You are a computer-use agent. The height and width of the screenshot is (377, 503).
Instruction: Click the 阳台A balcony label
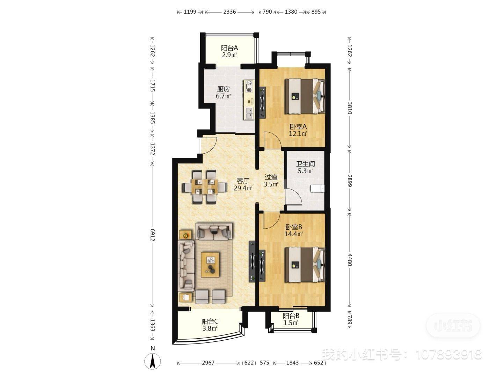[x=229, y=51]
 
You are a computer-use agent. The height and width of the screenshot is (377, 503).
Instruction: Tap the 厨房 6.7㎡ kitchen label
[x=223, y=93]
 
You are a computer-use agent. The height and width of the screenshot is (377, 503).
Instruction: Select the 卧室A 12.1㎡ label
[x=298, y=130]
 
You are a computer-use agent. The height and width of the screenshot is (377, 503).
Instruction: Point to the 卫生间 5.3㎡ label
[x=305, y=167]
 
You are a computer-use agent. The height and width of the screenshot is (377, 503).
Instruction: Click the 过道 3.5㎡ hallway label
[x=271, y=180]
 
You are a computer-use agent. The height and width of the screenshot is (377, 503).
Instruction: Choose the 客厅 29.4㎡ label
[x=243, y=184]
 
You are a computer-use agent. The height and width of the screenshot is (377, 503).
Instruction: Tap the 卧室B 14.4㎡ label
[x=293, y=230]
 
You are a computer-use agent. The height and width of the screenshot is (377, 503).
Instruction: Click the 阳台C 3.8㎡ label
[x=210, y=325]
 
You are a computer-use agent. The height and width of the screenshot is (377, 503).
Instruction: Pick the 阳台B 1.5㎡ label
[x=291, y=319]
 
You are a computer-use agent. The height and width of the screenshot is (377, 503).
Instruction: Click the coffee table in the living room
[x=210, y=265]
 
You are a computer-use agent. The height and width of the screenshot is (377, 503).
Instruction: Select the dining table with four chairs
[x=204, y=186]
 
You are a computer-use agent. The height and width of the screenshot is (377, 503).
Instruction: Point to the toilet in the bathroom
[x=318, y=188]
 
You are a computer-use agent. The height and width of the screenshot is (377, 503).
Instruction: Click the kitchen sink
[x=249, y=112]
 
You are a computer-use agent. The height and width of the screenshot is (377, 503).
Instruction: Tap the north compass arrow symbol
[x=153, y=361]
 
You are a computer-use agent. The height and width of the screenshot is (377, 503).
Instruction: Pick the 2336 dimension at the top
[x=229, y=12]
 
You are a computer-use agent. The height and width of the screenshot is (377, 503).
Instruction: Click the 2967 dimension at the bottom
[x=208, y=363]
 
